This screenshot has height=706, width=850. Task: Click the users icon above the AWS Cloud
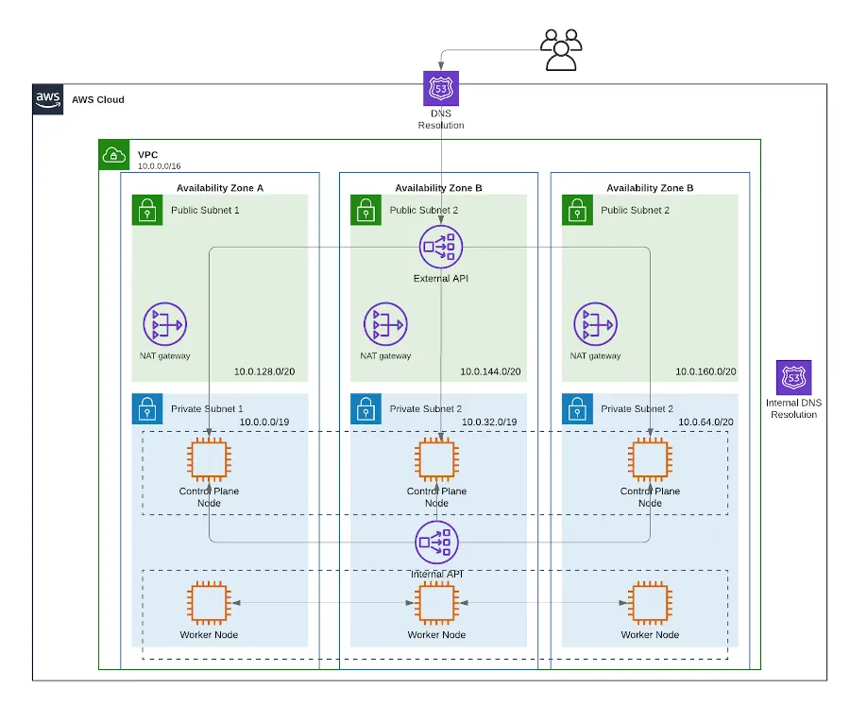tap(561, 49)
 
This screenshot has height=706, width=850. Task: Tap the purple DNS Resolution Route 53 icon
tap(441, 89)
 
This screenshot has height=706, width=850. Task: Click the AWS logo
tap(48, 99)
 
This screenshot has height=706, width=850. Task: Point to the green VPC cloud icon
tap(114, 155)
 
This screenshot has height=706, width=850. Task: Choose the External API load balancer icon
tap(440, 248)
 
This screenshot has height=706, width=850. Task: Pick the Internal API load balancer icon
tap(436, 542)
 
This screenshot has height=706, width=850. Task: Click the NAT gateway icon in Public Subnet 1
tap(164, 324)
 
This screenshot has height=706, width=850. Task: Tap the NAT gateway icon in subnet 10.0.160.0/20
tap(595, 324)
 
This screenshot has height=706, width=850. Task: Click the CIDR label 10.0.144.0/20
tap(490, 371)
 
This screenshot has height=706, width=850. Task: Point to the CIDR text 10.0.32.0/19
tap(486, 422)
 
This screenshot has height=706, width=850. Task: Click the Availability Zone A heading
tap(220, 188)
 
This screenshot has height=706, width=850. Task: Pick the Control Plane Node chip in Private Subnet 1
tap(210, 460)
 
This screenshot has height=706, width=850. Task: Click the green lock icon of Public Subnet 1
tap(146, 211)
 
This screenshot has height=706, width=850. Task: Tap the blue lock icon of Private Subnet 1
tap(146, 409)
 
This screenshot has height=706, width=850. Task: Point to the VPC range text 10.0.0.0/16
tap(160, 166)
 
